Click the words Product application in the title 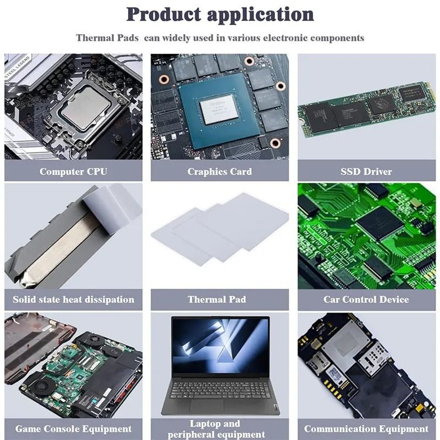220,15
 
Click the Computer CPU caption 73,171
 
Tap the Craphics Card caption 220,171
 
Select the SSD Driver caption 366,171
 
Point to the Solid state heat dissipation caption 73,300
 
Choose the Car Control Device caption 366,300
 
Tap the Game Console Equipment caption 73,429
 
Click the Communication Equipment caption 366,429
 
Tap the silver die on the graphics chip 219,109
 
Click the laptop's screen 220,345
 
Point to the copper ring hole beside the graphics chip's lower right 276,143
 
